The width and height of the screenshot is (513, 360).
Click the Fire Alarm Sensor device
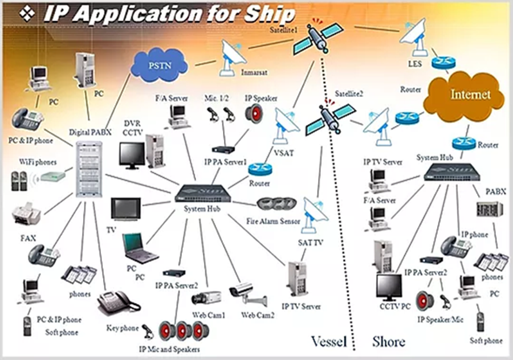(276, 204)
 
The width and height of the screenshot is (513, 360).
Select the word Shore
(389, 341)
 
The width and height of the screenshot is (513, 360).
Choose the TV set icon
(125, 208)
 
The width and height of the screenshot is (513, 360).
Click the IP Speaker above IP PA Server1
(253, 113)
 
